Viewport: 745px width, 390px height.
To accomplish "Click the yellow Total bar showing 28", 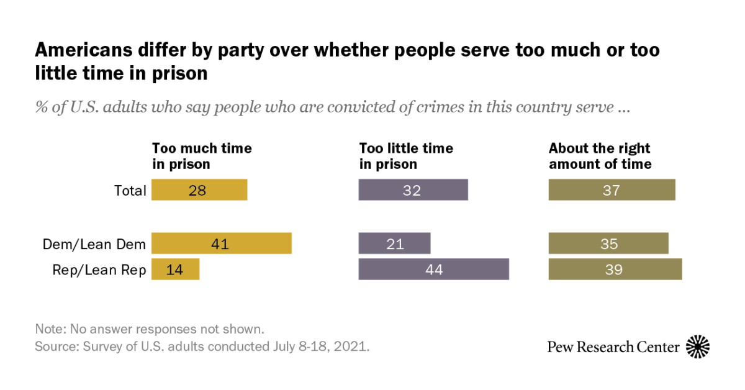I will pos(199,190).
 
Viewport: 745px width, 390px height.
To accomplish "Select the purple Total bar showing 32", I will pos(413,190).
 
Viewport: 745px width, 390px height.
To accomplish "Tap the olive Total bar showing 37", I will pos(612,190).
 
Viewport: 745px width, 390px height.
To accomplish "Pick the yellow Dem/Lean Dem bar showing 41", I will pos(221,243).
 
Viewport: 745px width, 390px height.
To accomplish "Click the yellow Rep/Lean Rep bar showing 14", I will pos(175,270).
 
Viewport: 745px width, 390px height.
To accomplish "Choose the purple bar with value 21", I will pos(394,243).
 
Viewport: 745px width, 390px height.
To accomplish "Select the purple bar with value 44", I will pos(433,270).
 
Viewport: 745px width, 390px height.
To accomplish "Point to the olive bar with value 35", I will pos(608,243).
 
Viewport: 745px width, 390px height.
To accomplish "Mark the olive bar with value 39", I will pos(615,270).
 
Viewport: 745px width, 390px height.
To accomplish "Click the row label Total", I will pos(130,191).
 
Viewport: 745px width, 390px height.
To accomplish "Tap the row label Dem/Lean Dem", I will pos(94,244).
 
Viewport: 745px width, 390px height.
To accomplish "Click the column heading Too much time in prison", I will pos(202,156).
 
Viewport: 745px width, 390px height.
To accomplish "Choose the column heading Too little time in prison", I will pos(406,156).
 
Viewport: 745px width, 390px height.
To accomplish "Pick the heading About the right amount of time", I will pos(600,156).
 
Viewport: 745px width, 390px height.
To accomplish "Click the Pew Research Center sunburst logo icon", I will pos(698,347).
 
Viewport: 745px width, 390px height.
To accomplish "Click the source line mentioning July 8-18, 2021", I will pos(202,347).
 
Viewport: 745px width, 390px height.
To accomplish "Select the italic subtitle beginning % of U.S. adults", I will pos(333,107).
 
